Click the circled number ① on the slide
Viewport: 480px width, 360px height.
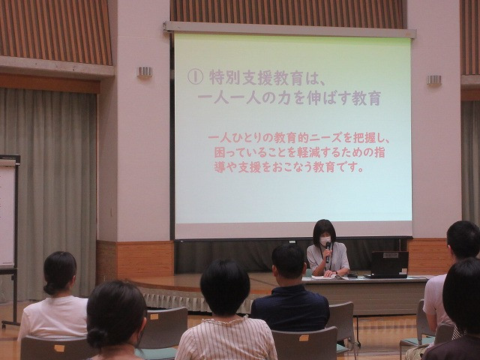(195, 76)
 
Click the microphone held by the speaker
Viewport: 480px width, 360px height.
(328, 252)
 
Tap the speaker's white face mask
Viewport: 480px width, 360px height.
(325, 240)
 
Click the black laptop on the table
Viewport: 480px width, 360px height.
(389, 265)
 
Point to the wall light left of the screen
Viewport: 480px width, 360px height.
(145, 72)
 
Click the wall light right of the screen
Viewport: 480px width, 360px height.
(434, 80)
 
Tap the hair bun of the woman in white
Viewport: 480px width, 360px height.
(50, 288)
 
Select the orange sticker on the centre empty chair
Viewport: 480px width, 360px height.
(304, 338)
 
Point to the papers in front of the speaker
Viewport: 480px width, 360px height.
(326, 277)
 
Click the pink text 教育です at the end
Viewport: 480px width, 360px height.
(334, 167)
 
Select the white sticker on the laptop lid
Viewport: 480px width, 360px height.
(391, 255)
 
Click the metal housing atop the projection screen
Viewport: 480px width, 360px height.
(289, 30)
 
